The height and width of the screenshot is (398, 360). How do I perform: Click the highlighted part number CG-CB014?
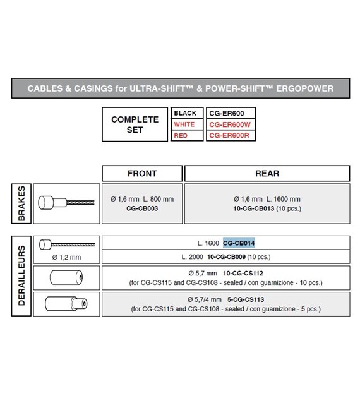pos(239,243)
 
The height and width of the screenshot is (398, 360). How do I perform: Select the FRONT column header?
pos(142,173)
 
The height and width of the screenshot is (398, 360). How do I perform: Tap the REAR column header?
pos(267,173)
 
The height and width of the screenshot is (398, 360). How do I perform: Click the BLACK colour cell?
pos(187,113)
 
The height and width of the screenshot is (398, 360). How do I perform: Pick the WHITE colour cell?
pos(187,124)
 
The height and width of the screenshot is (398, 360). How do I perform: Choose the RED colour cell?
pos(187,136)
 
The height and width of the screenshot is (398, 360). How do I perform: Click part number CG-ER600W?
pos(230,124)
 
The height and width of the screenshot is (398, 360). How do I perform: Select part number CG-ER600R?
pos(229,136)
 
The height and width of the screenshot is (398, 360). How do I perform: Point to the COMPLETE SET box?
pos(135,124)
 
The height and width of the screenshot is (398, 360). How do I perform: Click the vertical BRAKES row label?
pos(21,203)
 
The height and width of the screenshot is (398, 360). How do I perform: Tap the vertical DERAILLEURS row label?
pos(21,276)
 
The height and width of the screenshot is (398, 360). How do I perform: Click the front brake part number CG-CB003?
pos(142,208)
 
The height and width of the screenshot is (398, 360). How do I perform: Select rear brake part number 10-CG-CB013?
pos(254,208)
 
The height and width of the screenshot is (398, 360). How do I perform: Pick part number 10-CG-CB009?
pos(226,257)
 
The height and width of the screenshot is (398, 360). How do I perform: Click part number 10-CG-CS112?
pos(243,274)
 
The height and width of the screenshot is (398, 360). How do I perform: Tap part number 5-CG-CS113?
pos(246,299)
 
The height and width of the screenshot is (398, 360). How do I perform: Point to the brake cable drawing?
pos(66,203)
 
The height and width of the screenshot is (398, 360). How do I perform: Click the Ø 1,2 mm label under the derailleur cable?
pos(66,257)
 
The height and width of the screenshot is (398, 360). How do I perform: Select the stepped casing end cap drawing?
pos(66,304)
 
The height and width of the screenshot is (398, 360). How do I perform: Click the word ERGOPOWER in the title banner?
pos(304,88)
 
